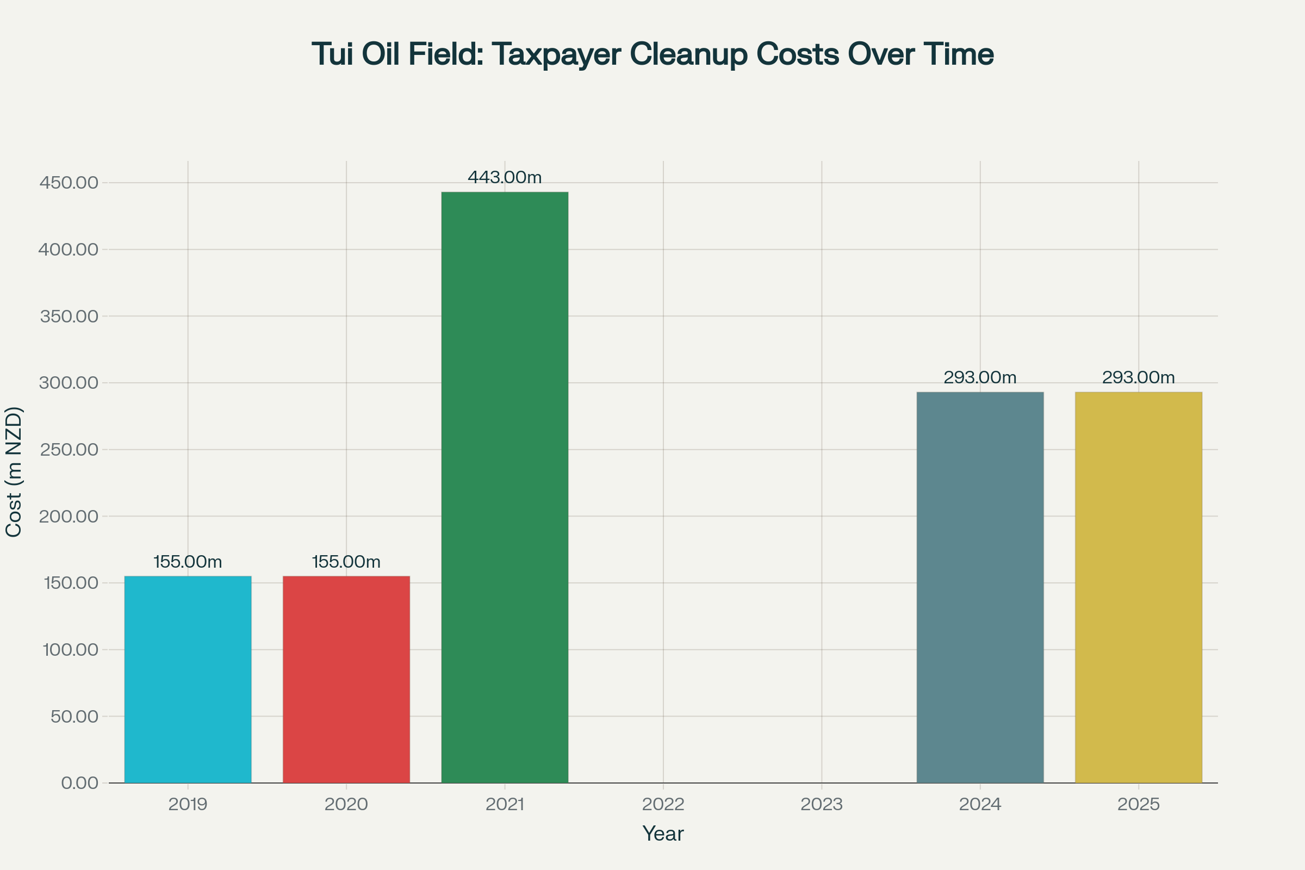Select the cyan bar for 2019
point(188,680)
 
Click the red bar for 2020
point(346,680)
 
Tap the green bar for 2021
point(505,488)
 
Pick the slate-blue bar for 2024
point(980,588)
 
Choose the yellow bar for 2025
point(1139,588)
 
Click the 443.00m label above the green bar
point(505,178)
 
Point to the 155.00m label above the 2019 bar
point(188,562)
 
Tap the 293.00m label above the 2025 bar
point(1139,378)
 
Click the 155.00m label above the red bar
point(346,562)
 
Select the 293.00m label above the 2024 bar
point(980,378)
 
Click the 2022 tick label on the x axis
point(663,805)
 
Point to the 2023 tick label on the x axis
point(822,805)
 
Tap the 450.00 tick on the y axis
point(69,183)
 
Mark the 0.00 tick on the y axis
point(79,784)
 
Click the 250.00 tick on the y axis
point(69,450)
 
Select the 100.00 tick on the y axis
point(70,650)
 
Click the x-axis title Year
point(663,834)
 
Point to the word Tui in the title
point(332,54)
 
